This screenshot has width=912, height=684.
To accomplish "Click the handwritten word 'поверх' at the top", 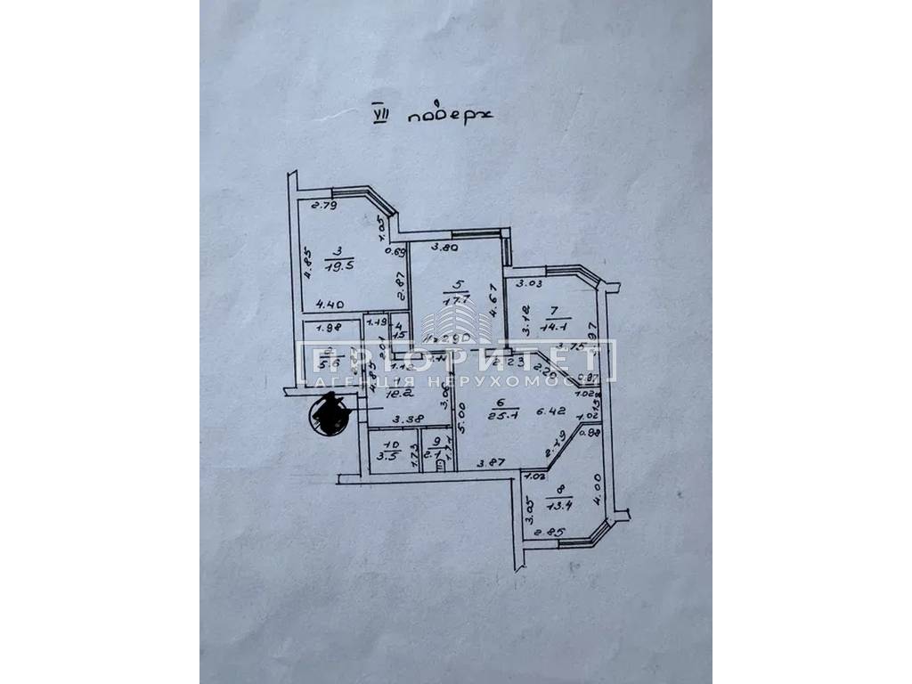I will (x=443, y=116).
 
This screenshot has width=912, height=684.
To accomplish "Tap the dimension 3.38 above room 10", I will (x=407, y=419).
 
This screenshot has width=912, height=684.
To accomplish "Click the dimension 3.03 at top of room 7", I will (x=529, y=285).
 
